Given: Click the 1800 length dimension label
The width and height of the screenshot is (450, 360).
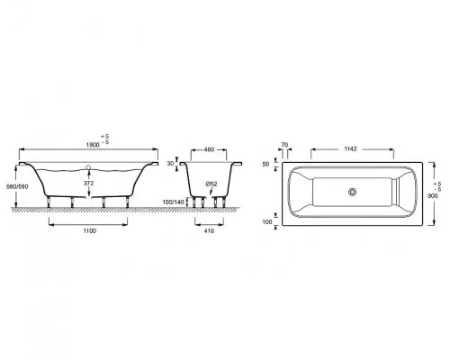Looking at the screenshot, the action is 93,145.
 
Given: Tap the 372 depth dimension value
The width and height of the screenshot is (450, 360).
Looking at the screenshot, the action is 89,183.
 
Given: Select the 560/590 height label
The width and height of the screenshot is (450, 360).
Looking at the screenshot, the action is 17,186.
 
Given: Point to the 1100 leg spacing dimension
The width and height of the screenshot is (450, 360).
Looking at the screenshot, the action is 89,230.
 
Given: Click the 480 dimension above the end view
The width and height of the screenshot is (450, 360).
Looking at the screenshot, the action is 209,149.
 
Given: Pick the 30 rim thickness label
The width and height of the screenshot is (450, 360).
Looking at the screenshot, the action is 170,164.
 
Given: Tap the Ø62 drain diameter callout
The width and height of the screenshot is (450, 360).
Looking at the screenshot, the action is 211,184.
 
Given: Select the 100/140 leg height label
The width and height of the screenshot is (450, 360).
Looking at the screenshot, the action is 173,202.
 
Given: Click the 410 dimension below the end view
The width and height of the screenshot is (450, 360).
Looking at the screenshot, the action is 209,230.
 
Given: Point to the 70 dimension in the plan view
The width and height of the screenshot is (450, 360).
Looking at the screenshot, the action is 284,145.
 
